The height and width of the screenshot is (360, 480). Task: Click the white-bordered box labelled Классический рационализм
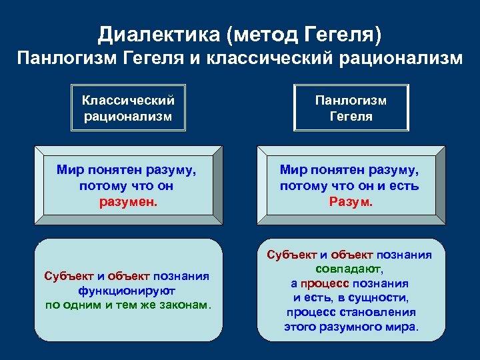coord(128,108)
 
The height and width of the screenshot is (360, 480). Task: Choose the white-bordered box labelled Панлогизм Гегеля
coord(351,108)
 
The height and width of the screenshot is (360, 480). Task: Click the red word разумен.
coord(127,201)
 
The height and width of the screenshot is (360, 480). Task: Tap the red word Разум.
coord(351,201)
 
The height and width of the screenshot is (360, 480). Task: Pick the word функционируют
coord(127,291)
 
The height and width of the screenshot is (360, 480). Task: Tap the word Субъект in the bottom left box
coord(66,277)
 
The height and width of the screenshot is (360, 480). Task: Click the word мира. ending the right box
coord(403,327)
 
